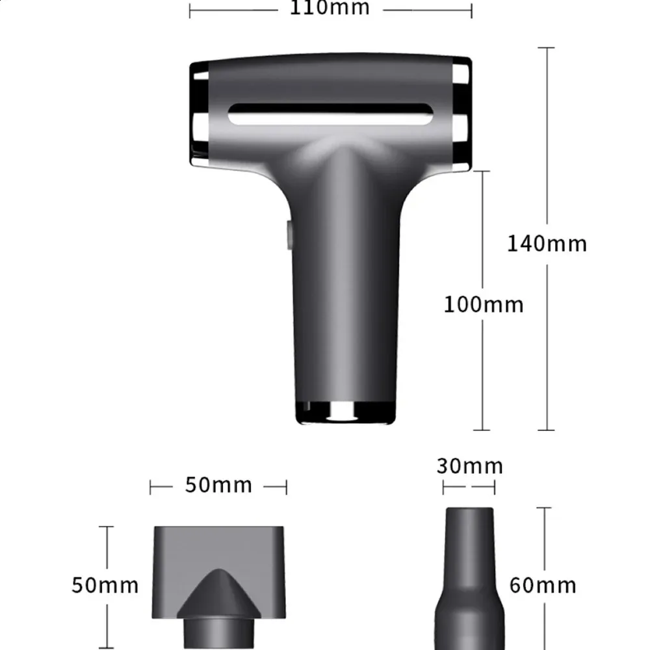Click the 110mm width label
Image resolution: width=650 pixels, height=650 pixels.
[330, 8]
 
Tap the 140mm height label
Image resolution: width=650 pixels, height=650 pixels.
[547, 244]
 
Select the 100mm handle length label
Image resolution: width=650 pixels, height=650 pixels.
[484, 305]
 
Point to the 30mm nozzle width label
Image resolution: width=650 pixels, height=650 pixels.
[470, 466]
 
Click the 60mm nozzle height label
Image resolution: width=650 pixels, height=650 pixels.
[543, 586]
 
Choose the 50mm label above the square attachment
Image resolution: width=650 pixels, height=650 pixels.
[218, 485]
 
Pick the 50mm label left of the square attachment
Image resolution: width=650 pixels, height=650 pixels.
[105, 586]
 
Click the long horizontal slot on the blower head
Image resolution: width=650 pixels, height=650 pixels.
[330, 114]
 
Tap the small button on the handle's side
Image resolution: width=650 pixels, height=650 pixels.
[289, 235]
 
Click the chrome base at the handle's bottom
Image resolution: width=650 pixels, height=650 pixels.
[345, 413]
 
